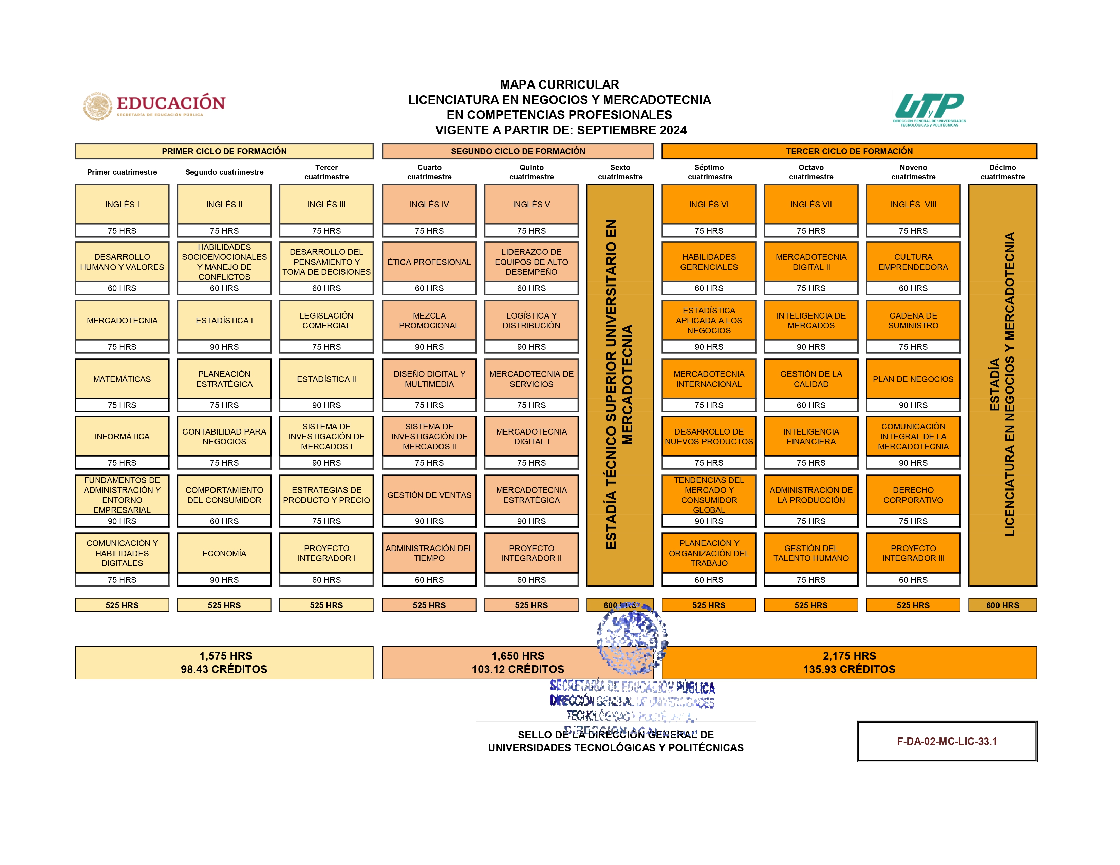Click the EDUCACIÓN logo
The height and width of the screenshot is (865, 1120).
coord(154,106)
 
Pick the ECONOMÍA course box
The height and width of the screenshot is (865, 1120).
coord(224,554)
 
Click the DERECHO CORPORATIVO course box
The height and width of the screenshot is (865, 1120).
coord(913,495)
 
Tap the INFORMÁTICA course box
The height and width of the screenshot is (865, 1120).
coord(122,437)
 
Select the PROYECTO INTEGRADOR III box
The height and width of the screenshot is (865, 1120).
coord(913,554)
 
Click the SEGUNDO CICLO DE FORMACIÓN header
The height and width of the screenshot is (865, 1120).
coord(518,151)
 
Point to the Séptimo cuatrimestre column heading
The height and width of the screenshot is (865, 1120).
coord(709,172)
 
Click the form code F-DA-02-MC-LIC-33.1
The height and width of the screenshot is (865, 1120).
coord(947,742)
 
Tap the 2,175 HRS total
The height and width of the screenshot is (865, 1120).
coord(849,656)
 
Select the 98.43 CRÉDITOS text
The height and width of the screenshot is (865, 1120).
coord(224,669)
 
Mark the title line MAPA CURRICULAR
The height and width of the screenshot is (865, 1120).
coord(559,84)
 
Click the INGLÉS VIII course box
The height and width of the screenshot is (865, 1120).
coord(913,205)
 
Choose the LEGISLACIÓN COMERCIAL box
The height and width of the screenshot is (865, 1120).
coord(326,320)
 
